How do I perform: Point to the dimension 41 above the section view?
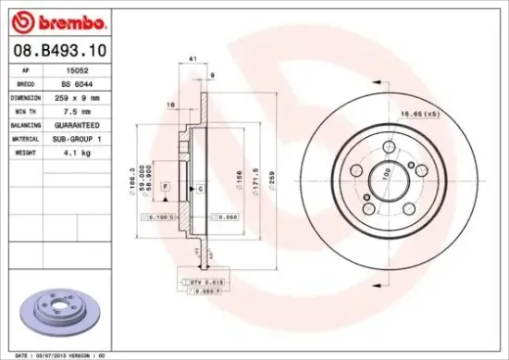[x=192, y=59]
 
